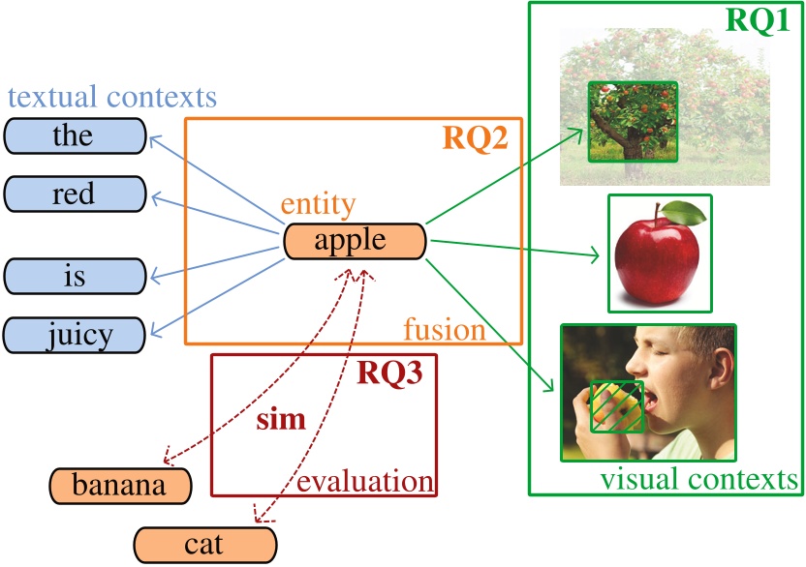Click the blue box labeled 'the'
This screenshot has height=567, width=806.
75,135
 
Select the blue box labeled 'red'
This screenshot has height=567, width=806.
75,194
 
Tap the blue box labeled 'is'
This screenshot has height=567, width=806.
75,277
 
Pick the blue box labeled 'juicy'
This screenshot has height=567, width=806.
75,335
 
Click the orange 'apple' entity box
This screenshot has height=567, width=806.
355,241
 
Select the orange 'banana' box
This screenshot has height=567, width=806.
120,485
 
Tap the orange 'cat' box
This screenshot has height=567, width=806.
203,545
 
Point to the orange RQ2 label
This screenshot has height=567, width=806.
476,138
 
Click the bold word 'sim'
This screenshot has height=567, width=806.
280,420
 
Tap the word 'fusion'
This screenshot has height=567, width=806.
444,330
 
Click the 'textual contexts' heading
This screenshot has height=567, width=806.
111,97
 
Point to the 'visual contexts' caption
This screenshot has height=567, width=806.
698,479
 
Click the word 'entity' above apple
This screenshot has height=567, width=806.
318,204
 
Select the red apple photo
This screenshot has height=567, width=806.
659,254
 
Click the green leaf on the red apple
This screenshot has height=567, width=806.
686,210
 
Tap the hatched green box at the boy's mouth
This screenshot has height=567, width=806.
617,405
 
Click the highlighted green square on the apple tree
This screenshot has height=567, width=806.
633,121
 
